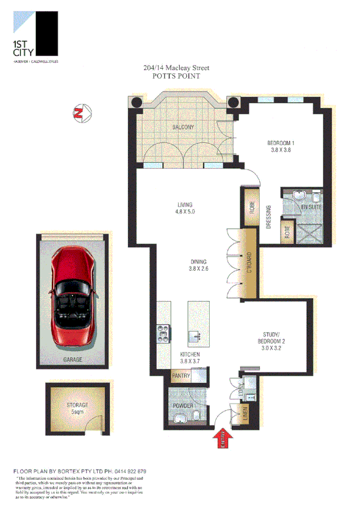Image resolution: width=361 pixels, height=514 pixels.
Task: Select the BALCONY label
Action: (x=182, y=127)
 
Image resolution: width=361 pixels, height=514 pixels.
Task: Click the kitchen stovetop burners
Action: (x=163, y=332)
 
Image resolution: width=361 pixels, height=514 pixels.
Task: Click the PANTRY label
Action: (x=180, y=376)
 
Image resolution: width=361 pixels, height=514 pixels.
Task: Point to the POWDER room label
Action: (x=183, y=405)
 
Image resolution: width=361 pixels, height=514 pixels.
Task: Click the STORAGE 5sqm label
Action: (x=77, y=409)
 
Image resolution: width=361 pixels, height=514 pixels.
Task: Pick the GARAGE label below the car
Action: (x=73, y=360)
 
